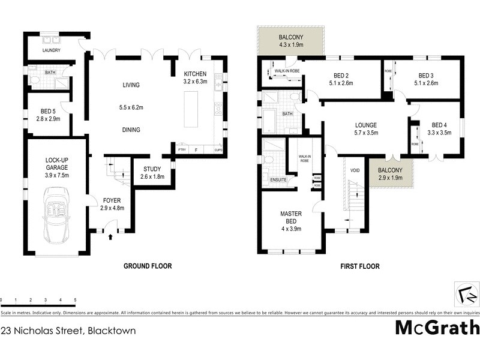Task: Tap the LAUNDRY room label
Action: pyautogui.click(x=52, y=51)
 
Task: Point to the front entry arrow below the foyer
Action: pyautogui.click(x=110, y=238)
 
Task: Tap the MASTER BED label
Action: pyautogui.click(x=291, y=217)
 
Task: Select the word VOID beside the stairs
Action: pyautogui.click(x=354, y=170)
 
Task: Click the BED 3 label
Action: pyautogui.click(x=426, y=75)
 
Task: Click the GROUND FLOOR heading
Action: pyautogui.click(x=148, y=266)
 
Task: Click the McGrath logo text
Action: pyautogui.click(x=437, y=328)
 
